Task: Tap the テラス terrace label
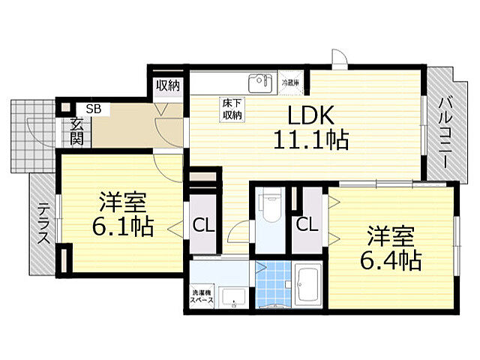tap(43, 224)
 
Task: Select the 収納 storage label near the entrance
tap(167, 85)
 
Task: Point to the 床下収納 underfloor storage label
tap(231, 109)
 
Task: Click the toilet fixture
tap(270, 211)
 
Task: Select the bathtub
tap(308, 286)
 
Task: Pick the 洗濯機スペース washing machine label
tap(202, 295)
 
